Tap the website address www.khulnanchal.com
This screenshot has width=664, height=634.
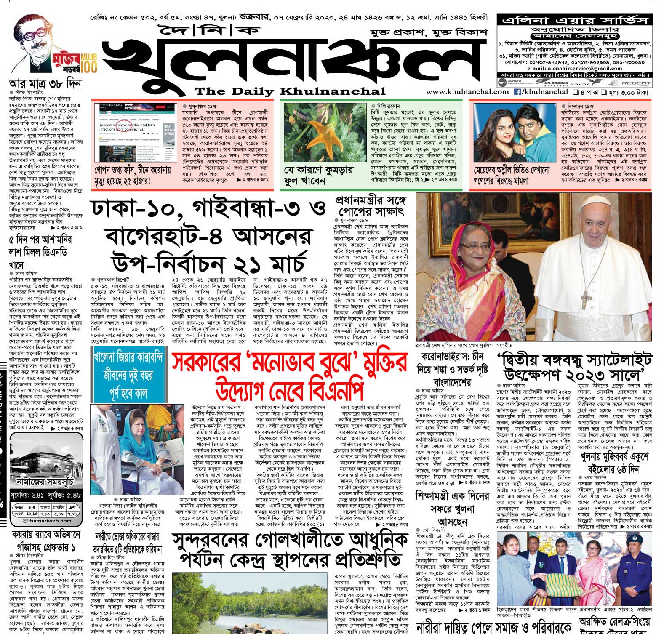(x=467, y=92)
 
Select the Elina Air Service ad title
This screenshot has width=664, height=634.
(x=574, y=20)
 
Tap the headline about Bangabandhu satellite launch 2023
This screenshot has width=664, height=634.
(x=575, y=366)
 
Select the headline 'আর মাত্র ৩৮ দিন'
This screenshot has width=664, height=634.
(x=45, y=83)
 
